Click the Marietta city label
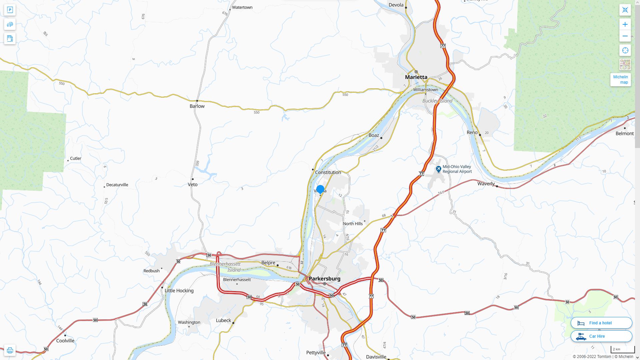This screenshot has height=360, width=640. pos(416,77)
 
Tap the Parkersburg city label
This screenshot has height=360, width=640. pos(324,279)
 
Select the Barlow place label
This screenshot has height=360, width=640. pos(197,106)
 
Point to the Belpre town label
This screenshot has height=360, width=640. pos(268,263)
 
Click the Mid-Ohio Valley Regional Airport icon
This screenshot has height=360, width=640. pos(439,169)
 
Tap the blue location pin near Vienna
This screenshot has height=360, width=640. pos(320,189)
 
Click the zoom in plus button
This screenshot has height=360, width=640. pos(625,24)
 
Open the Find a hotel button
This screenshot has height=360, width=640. pos(601,323)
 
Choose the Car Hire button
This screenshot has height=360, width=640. pos(601,336)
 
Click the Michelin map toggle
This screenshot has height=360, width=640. pos(620,80)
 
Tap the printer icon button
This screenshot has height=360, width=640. pos(10,350)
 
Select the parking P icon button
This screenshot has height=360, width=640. pos(10,10)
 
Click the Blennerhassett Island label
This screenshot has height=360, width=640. pos(225,267)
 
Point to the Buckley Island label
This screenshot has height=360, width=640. pos(437,101)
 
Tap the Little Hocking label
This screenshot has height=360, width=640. pos(179,291)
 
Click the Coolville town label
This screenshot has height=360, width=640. pos(65,341)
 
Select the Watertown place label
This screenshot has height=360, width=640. pos(242,7)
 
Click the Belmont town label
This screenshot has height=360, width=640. pos(624,133)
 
